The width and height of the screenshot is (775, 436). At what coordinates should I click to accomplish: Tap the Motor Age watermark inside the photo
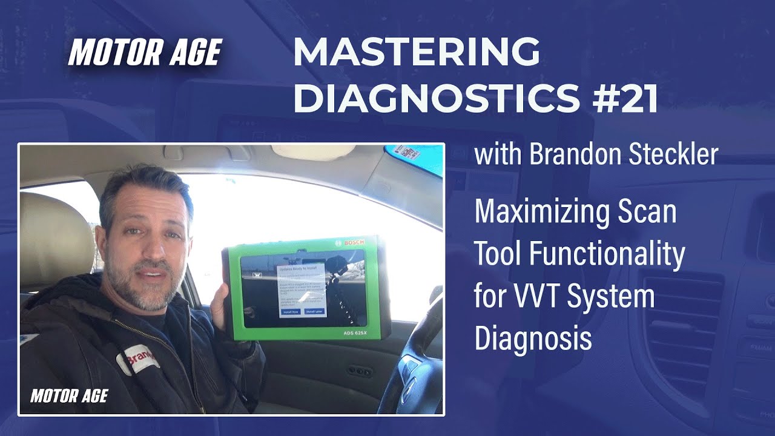coord(69,396)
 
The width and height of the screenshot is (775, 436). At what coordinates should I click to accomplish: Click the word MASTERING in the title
coord(417,52)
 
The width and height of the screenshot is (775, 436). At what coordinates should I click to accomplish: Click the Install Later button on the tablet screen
coord(315,311)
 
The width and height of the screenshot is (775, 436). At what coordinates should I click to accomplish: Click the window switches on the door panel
coord(361,371)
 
